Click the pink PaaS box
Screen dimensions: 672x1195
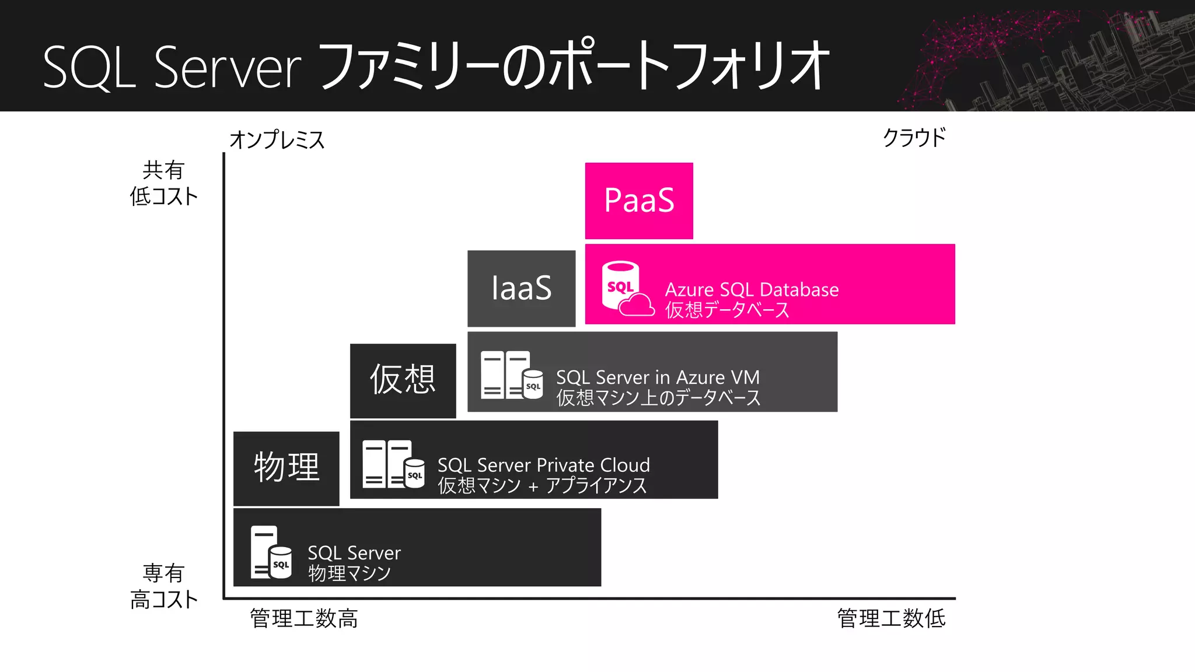639,201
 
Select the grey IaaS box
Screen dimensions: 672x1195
521,288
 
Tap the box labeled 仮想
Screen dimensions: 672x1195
403,380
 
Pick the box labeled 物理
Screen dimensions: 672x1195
286,468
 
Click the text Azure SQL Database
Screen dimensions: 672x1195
752,290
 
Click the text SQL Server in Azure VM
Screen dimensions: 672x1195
658,377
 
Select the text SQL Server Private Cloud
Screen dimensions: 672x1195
543,465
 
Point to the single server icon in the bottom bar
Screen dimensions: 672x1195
271,552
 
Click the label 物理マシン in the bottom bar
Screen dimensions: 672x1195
349,573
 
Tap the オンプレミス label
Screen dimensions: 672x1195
277,140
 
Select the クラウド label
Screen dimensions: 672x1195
914,138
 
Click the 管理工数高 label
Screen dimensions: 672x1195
303,618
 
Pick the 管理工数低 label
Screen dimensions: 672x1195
891,618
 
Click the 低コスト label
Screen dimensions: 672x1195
164,197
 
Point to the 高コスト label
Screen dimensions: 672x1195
164,600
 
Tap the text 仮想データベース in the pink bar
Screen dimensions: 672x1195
727,310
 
